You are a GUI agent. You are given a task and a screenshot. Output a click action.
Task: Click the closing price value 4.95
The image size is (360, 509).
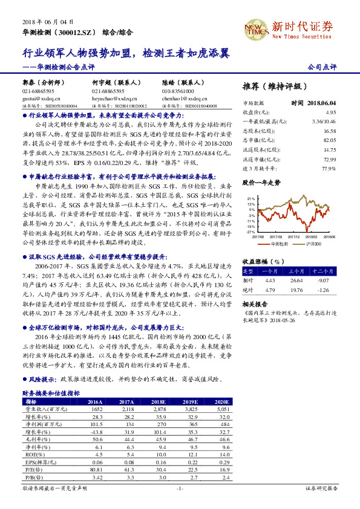[330, 112]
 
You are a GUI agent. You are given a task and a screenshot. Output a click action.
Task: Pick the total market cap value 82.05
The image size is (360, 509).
[329, 140]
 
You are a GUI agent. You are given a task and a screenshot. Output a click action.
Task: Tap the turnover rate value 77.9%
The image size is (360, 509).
[329, 167]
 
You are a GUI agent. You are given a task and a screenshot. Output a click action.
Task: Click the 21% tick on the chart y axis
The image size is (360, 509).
[251, 198]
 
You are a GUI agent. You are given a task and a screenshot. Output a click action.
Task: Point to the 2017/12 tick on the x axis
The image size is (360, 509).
[295, 237]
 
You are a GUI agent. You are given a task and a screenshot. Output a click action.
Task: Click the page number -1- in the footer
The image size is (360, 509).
[180, 487]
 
